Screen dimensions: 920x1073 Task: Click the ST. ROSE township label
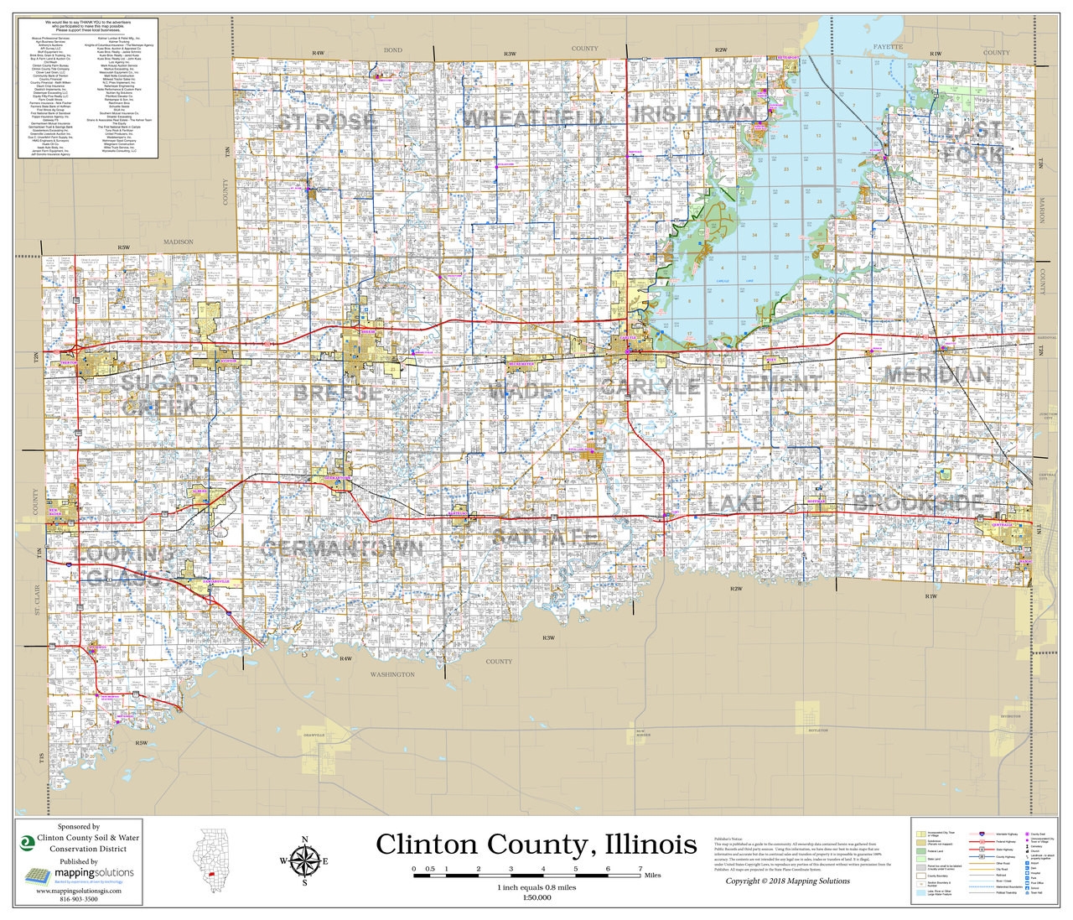[x=327, y=122]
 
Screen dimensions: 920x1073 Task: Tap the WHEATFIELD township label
[x=533, y=117]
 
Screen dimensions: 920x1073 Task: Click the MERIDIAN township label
[x=937, y=375]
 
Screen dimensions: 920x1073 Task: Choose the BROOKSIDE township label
[x=919, y=504]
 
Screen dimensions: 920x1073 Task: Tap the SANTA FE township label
[x=545, y=537]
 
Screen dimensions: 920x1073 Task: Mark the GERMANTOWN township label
[x=342, y=548]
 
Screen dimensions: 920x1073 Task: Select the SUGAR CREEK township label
[x=160, y=395]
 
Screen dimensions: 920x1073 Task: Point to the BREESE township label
[x=338, y=392]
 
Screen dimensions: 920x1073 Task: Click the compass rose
[x=304, y=861]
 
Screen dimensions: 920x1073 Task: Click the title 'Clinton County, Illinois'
[x=536, y=844]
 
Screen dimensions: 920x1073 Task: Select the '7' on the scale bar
[x=640, y=868]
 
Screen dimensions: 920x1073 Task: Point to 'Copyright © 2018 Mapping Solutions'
[x=787, y=881]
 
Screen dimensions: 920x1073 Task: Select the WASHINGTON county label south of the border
[x=392, y=674]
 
